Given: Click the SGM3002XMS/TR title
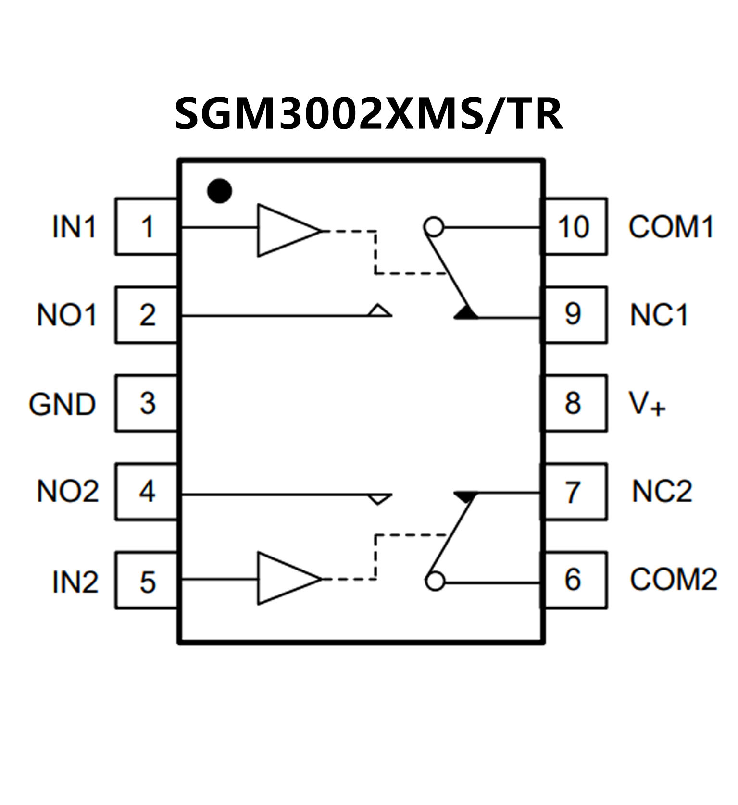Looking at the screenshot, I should [368, 113].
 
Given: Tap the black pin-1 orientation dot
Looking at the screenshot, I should [219, 191].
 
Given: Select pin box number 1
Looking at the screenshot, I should [146, 226].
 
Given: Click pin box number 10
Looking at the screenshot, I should [574, 226].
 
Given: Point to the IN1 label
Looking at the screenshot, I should [74, 226].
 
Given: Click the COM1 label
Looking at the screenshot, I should [671, 226].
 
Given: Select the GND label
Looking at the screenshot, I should [62, 404].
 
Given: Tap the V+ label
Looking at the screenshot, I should [647, 404].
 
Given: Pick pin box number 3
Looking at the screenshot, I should [146, 403].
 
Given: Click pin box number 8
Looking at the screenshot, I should [574, 403].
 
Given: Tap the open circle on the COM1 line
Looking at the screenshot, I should [434, 226].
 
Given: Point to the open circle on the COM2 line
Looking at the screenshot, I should [435, 582].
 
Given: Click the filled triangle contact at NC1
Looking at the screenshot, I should [465, 313].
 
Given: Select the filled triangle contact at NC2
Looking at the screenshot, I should [465, 496].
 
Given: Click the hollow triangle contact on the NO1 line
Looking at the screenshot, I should [380, 310].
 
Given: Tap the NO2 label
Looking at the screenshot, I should [67, 492].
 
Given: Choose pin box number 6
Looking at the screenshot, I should [574, 580].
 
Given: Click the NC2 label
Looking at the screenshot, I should [662, 492].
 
